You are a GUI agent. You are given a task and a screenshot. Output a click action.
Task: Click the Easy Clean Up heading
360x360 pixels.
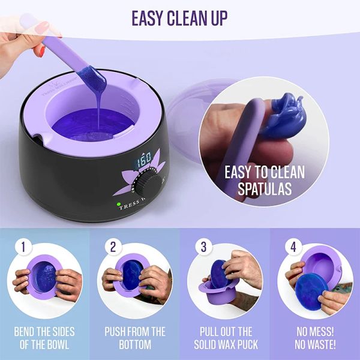pos(179,17)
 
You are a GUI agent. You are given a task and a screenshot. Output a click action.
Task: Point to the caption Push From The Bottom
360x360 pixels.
pos(135,338)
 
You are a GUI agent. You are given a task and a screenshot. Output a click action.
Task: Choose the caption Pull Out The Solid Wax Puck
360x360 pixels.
pos(225,338)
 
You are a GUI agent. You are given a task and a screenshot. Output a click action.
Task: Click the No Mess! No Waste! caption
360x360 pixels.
pos(315,338)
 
